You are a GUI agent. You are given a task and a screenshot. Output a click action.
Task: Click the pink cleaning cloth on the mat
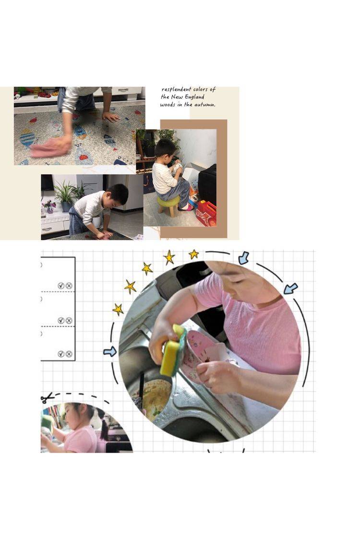[x=51, y=147]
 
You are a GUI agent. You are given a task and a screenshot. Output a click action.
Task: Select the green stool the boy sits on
[x=169, y=205]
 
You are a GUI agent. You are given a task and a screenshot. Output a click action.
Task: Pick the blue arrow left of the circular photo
[x=110, y=352]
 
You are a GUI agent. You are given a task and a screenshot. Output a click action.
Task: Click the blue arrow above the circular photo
[x=244, y=258]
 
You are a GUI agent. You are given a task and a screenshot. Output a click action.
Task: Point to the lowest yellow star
[x=118, y=309]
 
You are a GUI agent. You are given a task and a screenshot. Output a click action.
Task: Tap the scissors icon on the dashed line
[x=47, y=398]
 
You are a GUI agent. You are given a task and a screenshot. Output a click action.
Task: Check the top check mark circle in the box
[x=61, y=286]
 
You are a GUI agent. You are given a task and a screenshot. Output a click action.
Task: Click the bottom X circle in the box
[x=69, y=354]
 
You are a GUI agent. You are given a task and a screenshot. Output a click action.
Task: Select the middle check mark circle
[x=61, y=320]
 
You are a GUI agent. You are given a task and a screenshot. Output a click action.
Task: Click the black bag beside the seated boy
[x=207, y=185]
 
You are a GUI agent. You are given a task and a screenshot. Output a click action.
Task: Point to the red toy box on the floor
[x=206, y=213]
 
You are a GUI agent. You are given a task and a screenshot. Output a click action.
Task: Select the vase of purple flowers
[x=49, y=206]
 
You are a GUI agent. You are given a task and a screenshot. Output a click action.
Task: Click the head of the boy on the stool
[x=165, y=148]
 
